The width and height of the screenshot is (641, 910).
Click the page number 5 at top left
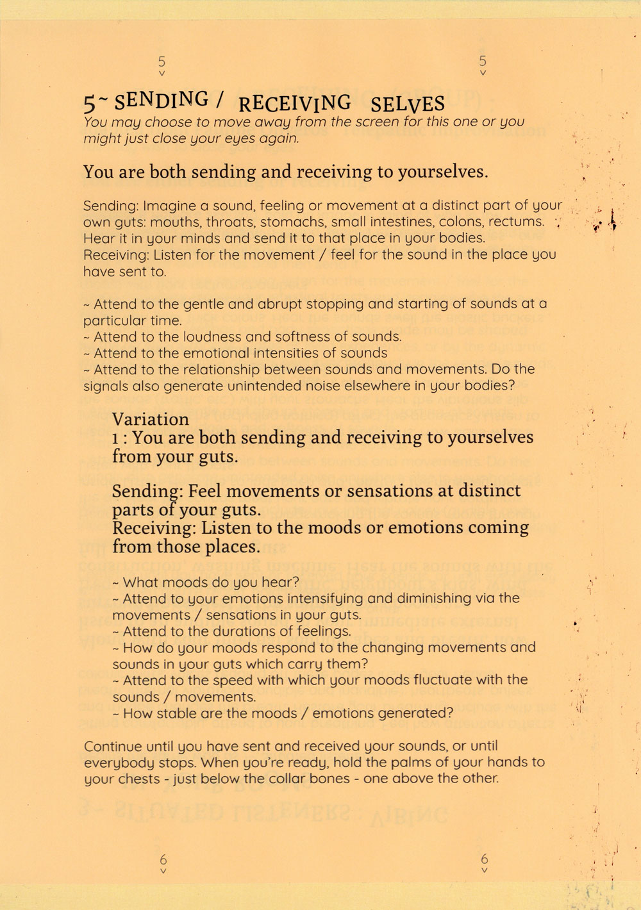[162, 62]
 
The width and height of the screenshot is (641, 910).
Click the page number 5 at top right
[483, 62]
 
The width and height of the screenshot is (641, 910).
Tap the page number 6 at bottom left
[163, 859]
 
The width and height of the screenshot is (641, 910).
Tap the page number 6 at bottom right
[484, 859]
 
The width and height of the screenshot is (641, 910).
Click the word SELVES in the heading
[406, 104]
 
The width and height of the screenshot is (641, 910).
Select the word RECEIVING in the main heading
[294, 103]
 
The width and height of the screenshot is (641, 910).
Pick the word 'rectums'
[516, 222]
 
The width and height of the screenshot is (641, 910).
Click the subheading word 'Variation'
[151, 419]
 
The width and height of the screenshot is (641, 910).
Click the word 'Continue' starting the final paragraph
[110, 746]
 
